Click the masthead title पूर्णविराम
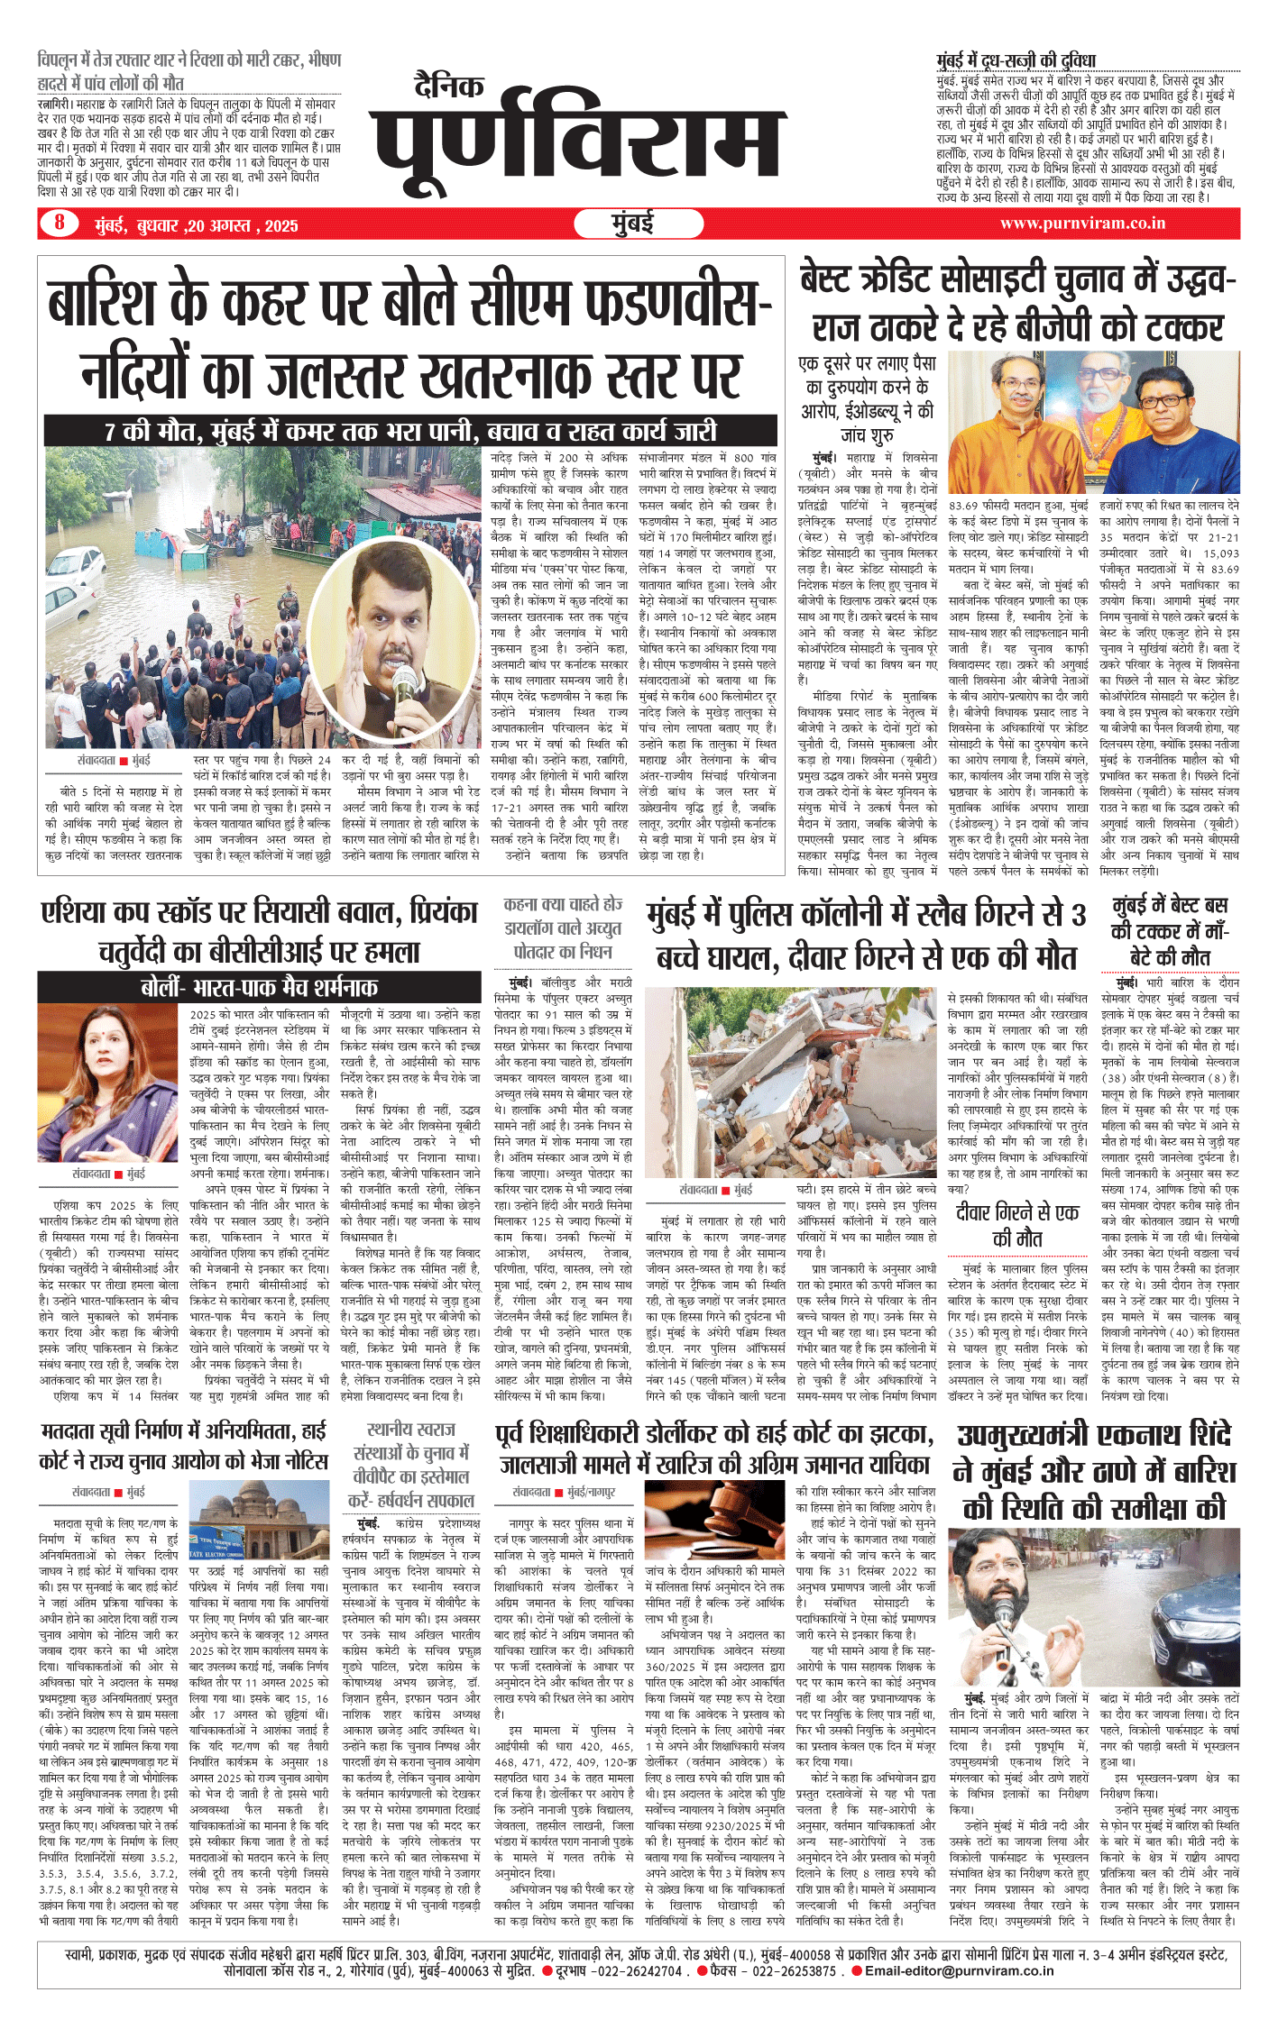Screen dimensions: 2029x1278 tap(577, 144)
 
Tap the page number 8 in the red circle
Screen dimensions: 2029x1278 tap(60, 222)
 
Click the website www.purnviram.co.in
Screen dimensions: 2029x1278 tap(1082, 223)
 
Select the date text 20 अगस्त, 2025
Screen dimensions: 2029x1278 tap(244, 225)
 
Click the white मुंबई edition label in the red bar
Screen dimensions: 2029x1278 tap(631, 224)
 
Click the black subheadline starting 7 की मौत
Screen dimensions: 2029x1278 tap(410, 431)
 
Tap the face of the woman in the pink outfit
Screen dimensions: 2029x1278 tap(120, 1045)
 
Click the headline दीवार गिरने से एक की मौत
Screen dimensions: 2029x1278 tap(1017, 1225)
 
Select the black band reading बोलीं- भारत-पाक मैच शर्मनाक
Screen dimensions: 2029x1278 tap(259, 987)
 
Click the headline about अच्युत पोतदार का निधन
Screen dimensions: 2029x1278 tap(563, 928)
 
